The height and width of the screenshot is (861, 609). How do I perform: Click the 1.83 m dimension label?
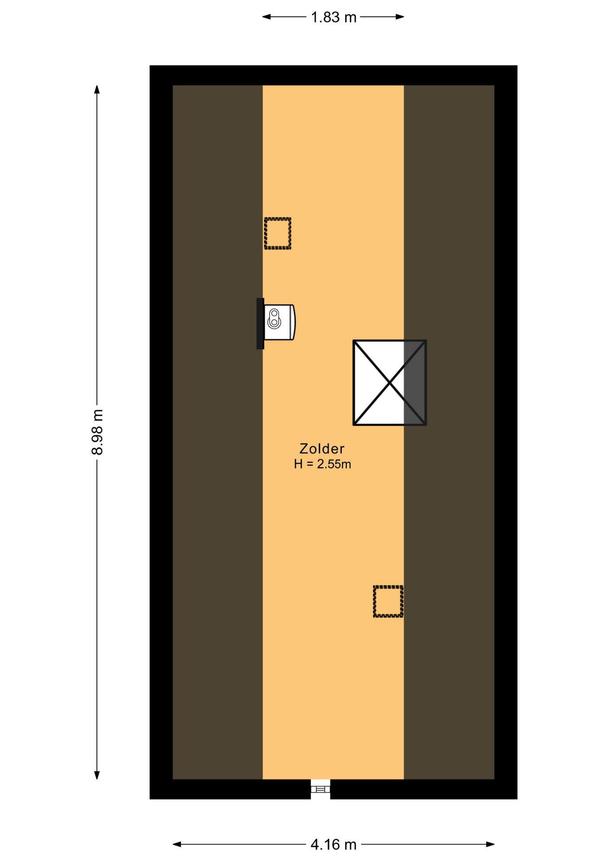(x=333, y=17)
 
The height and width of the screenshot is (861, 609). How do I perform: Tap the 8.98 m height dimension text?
(x=97, y=432)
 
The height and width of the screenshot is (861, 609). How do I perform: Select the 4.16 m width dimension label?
(x=333, y=844)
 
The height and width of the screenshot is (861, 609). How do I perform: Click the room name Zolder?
(x=322, y=448)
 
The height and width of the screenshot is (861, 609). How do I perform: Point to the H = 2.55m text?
(x=322, y=464)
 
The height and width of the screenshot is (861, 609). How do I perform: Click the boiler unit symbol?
(x=279, y=322)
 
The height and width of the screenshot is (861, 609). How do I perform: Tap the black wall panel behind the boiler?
(x=260, y=323)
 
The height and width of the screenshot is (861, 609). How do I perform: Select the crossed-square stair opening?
(x=390, y=383)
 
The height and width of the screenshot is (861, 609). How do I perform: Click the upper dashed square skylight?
(x=278, y=234)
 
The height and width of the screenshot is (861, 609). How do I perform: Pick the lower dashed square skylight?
(x=388, y=601)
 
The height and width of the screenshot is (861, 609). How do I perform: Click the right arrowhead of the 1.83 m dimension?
(x=400, y=17)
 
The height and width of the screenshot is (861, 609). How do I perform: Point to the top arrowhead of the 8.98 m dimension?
(x=97, y=89)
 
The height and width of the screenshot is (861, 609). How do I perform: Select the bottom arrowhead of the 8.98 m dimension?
(x=97, y=775)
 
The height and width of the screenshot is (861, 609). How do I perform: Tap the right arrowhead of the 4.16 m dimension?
(x=490, y=844)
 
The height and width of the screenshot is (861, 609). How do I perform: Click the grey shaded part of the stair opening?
(x=415, y=383)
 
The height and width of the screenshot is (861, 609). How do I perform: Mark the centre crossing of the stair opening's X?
(x=390, y=383)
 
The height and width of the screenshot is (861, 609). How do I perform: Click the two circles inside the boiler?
(x=274, y=317)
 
